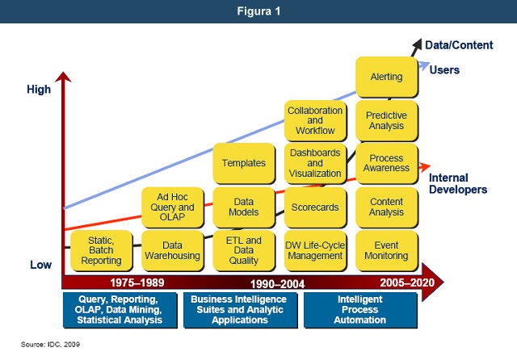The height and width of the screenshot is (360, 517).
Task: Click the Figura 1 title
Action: coord(258,11)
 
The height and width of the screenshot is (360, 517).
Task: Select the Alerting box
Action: coord(386,77)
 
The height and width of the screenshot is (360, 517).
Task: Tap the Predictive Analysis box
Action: coord(386,121)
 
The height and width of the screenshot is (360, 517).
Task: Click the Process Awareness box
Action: coord(386,163)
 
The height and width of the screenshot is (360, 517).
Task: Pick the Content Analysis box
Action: coord(386,207)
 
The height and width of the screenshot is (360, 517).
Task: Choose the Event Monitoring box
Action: coord(386,250)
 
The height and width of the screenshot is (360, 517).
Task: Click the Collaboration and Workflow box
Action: coord(315,121)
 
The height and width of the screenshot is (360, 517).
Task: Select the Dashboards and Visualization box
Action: coord(315,163)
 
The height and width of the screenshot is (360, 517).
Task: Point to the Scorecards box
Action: coord(315,207)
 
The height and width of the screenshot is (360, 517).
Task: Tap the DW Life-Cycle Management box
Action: coord(315,250)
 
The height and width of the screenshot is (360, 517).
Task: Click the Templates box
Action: coord(243,163)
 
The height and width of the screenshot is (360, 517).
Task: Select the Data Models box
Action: coord(243,207)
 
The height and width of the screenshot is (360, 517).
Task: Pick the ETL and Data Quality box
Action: coord(243,250)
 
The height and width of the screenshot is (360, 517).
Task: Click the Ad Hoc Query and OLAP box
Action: coord(172,207)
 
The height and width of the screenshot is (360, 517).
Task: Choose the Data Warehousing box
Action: coord(172,250)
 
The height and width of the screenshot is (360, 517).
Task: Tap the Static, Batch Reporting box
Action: coord(101,250)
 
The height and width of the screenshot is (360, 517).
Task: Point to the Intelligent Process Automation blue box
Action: coord(360,309)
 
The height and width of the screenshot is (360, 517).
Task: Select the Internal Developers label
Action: coord(457,183)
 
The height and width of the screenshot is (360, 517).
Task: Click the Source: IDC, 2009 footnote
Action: coord(50,344)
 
